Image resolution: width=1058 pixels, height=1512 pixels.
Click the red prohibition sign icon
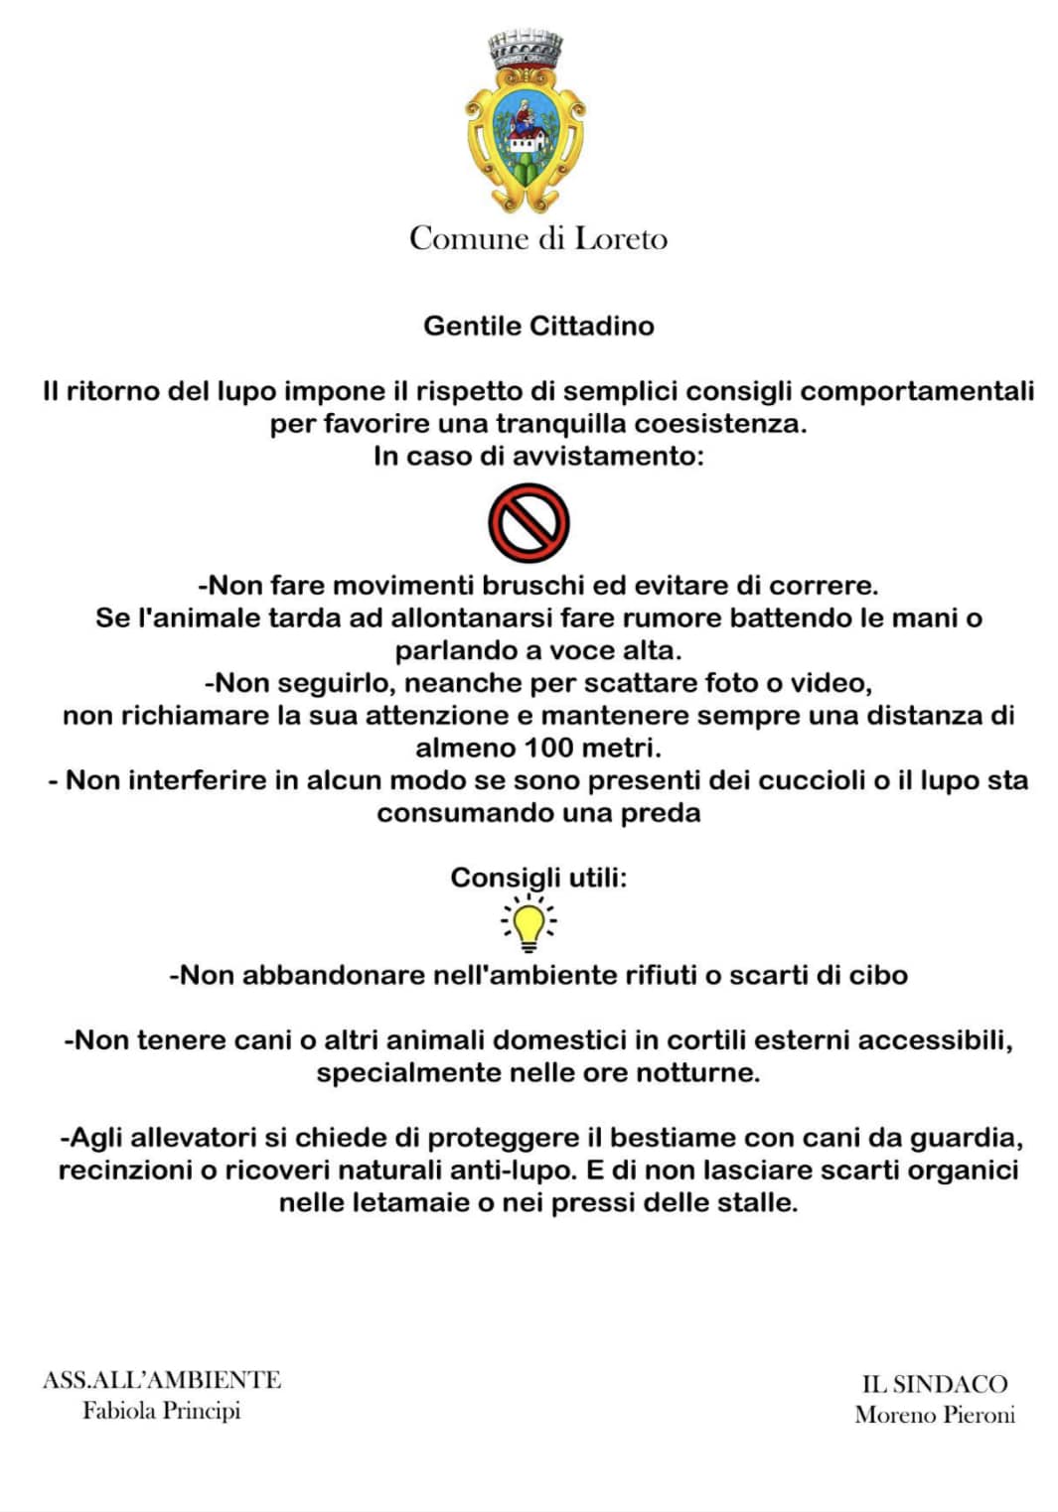pyautogui.click(x=529, y=523)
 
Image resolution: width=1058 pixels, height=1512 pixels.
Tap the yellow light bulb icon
pyautogui.click(x=529, y=923)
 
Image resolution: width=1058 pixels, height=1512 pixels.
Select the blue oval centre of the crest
pyautogui.click(x=526, y=127)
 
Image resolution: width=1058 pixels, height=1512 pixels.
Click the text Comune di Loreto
pyautogui.click(x=537, y=238)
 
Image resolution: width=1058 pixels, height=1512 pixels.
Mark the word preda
pyautogui.click(x=661, y=813)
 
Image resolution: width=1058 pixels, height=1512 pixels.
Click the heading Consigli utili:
pyautogui.click(x=538, y=878)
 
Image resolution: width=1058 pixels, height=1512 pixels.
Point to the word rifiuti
pyautogui.click(x=661, y=975)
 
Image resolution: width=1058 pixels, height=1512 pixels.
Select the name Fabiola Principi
pyautogui.click(x=161, y=1411)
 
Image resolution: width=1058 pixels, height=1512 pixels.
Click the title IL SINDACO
pyautogui.click(x=934, y=1384)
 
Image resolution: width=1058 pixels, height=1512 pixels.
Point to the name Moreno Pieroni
pyautogui.click(x=935, y=1415)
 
